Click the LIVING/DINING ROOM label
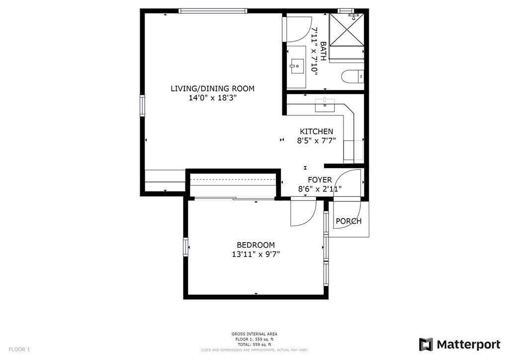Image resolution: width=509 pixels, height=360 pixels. pyautogui.click(x=212, y=89)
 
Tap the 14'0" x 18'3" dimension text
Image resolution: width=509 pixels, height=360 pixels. pyautogui.click(x=212, y=98)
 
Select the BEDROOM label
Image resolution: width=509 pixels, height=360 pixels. pyautogui.click(x=255, y=245)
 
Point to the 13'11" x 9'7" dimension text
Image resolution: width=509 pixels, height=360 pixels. pyautogui.click(x=255, y=254)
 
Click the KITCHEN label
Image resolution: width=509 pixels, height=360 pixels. pyautogui.click(x=316, y=131)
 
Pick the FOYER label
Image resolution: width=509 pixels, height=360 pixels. pyautogui.click(x=320, y=180)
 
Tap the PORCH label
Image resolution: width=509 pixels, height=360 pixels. pyautogui.click(x=348, y=221)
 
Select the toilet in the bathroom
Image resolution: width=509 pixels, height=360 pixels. pyautogui.click(x=353, y=77)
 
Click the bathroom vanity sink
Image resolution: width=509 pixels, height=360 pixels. pyautogui.click(x=297, y=65)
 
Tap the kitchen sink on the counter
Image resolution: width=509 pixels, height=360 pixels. pyautogui.click(x=326, y=104)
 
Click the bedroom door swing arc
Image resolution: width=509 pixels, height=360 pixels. pyautogui.click(x=303, y=213)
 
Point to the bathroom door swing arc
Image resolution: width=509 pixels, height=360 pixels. pyautogui.click(x=298, y=30)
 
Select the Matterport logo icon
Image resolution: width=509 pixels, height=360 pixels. pyautogui.click(x=426, y=344)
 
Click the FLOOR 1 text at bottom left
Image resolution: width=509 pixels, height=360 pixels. pyautogui.click(x=19, y=350)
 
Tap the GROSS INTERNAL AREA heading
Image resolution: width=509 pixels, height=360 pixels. pyautogui.click(x=254, y=334)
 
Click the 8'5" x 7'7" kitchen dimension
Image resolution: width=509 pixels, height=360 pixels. pyautogui.click(x=316, y=141)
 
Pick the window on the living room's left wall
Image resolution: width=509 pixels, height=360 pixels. pyautogui.click(x=142, y=105)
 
